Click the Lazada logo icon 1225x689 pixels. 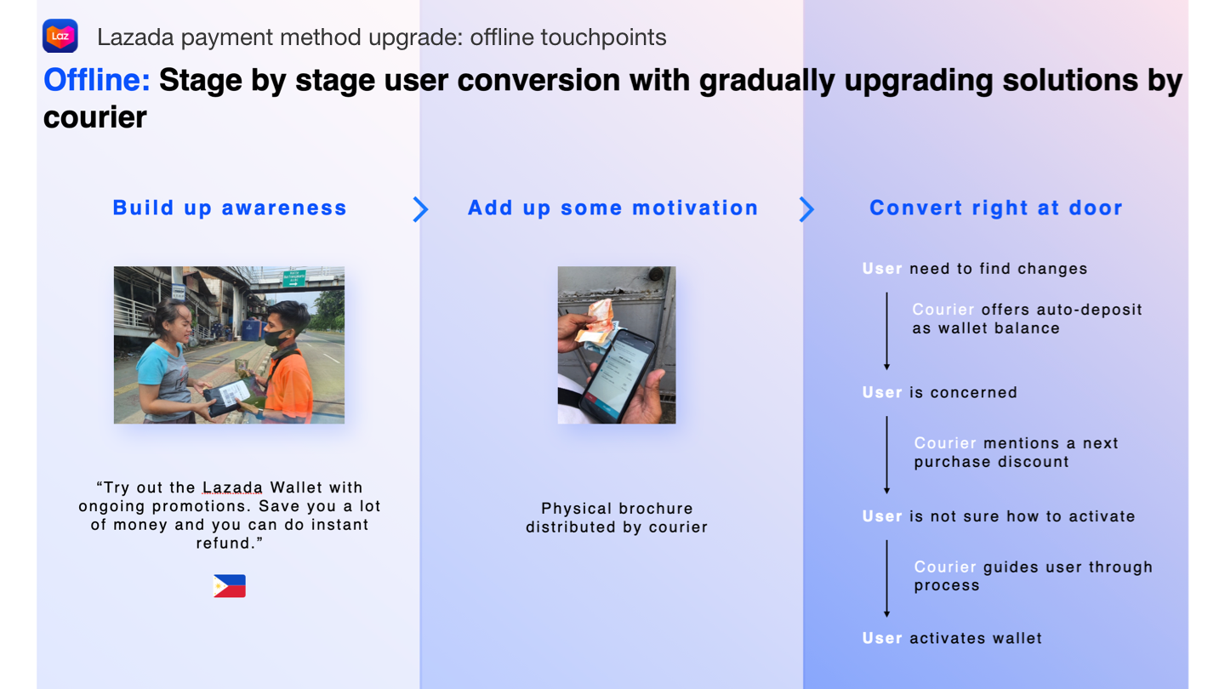coord(60,36)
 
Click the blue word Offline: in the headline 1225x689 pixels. coord(97,80)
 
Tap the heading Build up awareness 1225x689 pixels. coord(230,208)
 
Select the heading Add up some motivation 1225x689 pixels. coord(613,208)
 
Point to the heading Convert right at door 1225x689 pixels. coord(996,208)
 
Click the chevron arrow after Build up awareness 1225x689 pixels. coord(420,209)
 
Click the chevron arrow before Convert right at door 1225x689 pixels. coord(806,209)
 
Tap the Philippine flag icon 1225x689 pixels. coord(230,585)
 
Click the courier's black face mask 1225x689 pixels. coord(276,336)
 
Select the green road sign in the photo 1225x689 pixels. coord(293,278)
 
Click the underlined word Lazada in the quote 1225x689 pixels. coord(232,487)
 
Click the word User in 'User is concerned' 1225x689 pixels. coord(882,393)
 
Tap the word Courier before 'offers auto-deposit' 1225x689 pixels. coord(943,310)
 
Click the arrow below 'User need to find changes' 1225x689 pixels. coord(886,332)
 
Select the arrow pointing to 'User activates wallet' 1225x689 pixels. coord(886,578)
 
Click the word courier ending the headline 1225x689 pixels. coord(95,117)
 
